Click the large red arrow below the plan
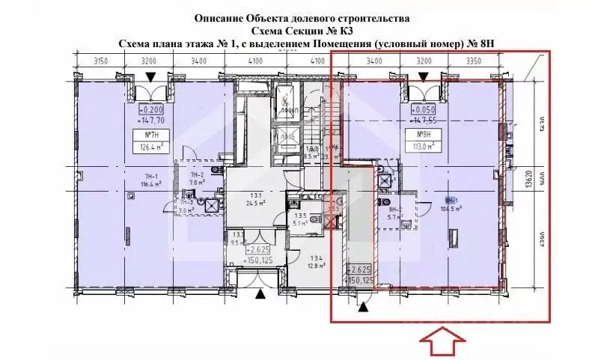point(439,344)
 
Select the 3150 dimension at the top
point(92,61)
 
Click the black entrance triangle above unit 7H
point(152,77)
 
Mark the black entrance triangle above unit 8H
point(424,77)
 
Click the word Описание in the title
point(216,17)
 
